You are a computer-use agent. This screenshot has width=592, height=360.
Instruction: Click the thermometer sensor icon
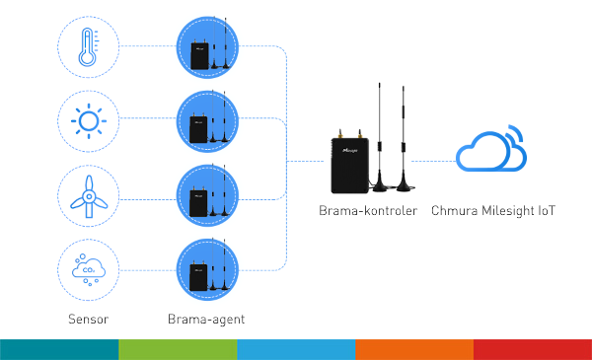pyautogui.click(x=89, y=45)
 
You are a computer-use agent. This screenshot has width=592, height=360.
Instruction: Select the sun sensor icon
pyautogui.click(x=89, y=121)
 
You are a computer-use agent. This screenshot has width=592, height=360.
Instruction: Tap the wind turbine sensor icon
pyautogui.click(x=89, y=196)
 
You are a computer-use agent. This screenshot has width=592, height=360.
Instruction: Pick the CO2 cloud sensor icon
pyautogui.click(x=89, y=269)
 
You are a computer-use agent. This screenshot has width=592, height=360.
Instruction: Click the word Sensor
pyautogui.click(x=88, y=320)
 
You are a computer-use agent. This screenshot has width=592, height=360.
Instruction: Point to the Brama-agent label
pyautogui.click(x=206, y=320)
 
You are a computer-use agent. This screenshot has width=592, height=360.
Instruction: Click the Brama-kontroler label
pyautogui.click(x=368, y=210)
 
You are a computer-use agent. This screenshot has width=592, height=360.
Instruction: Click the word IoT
pyautogui.click(x=550, y=210)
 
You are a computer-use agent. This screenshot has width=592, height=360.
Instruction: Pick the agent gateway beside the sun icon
pyautogui.click(x=209, y=122)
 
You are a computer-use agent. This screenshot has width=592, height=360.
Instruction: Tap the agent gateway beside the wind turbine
pyautogui.click(x=209, y=196)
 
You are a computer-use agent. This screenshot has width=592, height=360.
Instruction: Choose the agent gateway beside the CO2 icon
pyautogui.click(x=209, y=270)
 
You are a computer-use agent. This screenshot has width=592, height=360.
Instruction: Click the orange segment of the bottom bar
pyautogui.click(x=414, y=349)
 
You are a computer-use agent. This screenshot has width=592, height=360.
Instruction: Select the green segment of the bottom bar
pyautogui.click(x=178, y=349)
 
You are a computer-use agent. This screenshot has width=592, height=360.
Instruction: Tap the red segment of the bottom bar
pyautogui.click(x=533, y=349)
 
